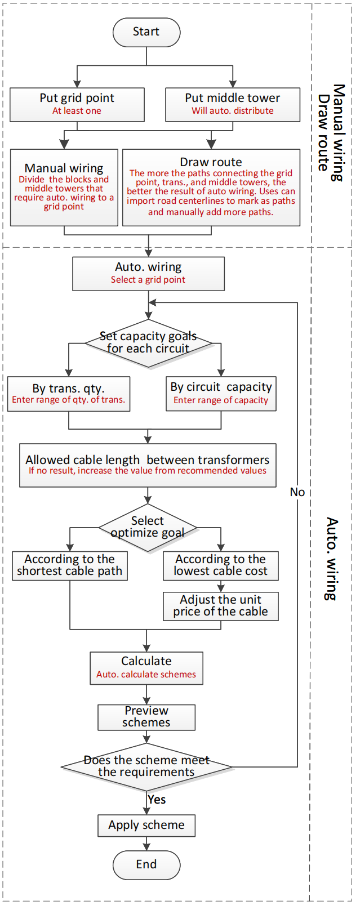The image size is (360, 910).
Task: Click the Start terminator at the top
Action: (x=146, y=32)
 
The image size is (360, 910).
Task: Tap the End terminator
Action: (x=146, y=864)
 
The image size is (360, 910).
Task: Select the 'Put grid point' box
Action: (x=77, y=104)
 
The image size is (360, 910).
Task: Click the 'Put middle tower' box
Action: (x=233, y=104)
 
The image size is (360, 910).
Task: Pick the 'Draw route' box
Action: (x=211, y=187)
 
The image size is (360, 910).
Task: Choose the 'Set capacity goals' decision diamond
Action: (x=148, y=343)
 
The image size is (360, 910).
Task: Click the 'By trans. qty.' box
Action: (x=69, y=394)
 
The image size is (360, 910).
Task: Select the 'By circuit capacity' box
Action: (x=221, y=394)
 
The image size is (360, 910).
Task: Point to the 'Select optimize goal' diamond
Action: (x=148, y=527)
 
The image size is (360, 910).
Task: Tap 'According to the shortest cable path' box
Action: (x=70, y=565)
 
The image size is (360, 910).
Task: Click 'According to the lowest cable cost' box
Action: (x=221, y=565)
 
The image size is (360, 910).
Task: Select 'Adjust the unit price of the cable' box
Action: (x=221, y=606)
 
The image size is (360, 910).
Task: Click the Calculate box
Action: (x=146, y=668)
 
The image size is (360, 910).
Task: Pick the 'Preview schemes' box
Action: (x=146, y=717)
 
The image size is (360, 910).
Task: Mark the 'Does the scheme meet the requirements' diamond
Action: (x=146, y=766)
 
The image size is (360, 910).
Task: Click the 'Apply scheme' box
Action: (x=146, y=825)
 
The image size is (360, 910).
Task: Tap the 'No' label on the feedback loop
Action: (x=297, y=492)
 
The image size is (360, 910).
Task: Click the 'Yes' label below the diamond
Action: (x=157, y=800)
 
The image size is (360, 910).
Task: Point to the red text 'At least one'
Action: (x=77, y=111)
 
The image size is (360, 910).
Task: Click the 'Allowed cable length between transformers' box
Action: (x=148, y=465)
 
